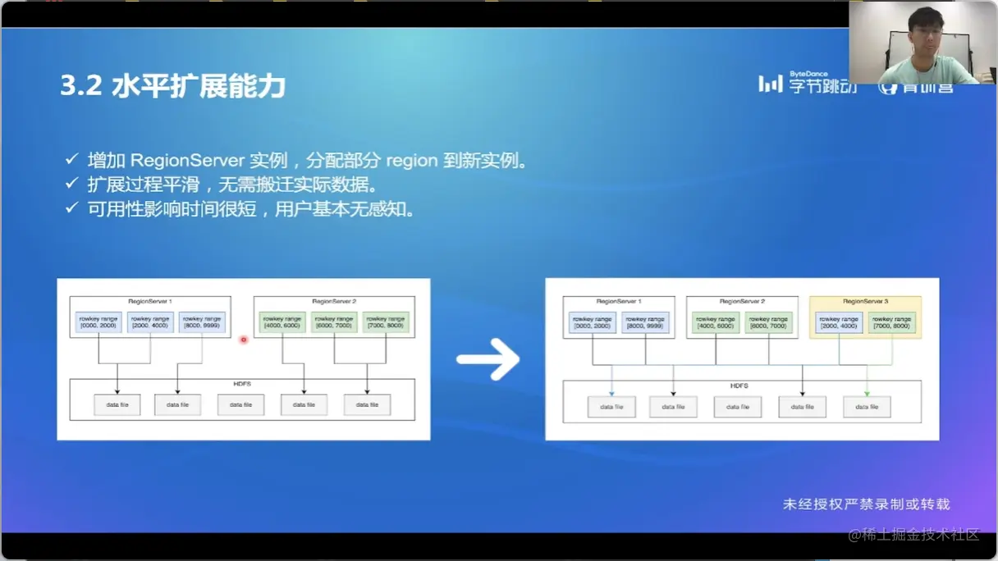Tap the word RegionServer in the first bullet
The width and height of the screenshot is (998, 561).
tap(186, 160)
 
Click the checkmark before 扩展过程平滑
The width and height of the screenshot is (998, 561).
tap(72, 185)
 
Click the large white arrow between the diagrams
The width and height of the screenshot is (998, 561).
tap(488, 358)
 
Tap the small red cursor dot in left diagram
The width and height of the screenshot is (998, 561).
tap(243, 340)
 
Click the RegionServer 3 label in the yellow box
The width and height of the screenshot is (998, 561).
tap(865, 302)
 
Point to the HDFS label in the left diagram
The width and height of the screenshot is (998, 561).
tap(242, 384)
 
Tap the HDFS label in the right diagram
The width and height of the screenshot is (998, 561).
tap(740, 385)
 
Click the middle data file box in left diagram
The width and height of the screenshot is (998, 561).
tap(241, 404)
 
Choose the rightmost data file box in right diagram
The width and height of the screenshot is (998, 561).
tap(867, 407)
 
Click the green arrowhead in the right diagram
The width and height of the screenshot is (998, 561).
tap(867, 394)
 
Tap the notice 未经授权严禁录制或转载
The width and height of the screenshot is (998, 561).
tap(866, 504)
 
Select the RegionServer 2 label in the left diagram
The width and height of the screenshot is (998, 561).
tap(334, 302)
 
